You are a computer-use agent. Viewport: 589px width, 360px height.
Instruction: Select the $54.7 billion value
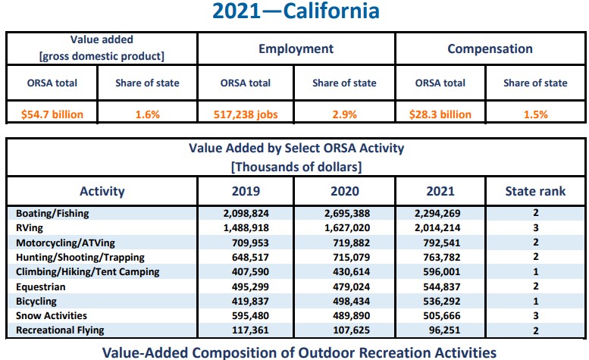[52, 114]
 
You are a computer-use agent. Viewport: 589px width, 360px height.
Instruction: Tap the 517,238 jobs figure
[246, 114]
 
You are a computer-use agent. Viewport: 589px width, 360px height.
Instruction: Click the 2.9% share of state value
[346, 114]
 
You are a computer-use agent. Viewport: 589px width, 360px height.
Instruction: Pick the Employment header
[296, 49]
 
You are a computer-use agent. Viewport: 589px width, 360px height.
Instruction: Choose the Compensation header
[490, 49]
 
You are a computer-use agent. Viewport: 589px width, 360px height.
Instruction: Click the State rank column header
[535, 192]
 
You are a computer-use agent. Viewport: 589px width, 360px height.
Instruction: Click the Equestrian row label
[40, 286]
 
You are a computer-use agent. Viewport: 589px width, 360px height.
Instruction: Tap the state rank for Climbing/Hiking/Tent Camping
[535, 271]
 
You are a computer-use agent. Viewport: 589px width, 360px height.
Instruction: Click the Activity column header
[102, 192]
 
